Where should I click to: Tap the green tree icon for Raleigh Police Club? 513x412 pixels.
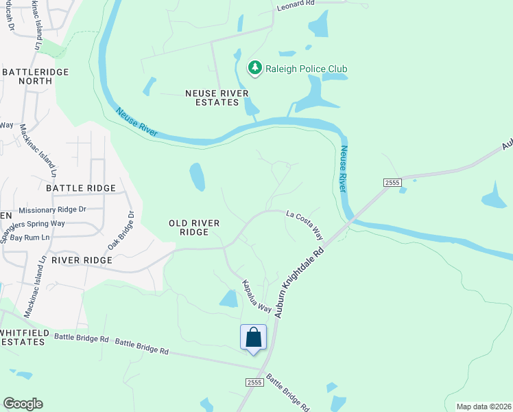coord(255,68)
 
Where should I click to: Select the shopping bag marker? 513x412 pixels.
coord(253,337)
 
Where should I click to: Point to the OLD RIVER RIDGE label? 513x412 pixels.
coord(189,227)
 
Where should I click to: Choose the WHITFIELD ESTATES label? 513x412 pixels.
coord(25,336)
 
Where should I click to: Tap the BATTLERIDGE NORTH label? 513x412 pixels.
coord(27,76)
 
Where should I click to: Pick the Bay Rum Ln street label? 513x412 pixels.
coord(30,238)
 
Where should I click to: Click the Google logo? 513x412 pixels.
coord(23,404)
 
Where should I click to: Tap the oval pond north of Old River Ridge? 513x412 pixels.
coord(197,176)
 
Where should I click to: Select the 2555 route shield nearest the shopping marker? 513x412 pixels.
coord(254,382)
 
